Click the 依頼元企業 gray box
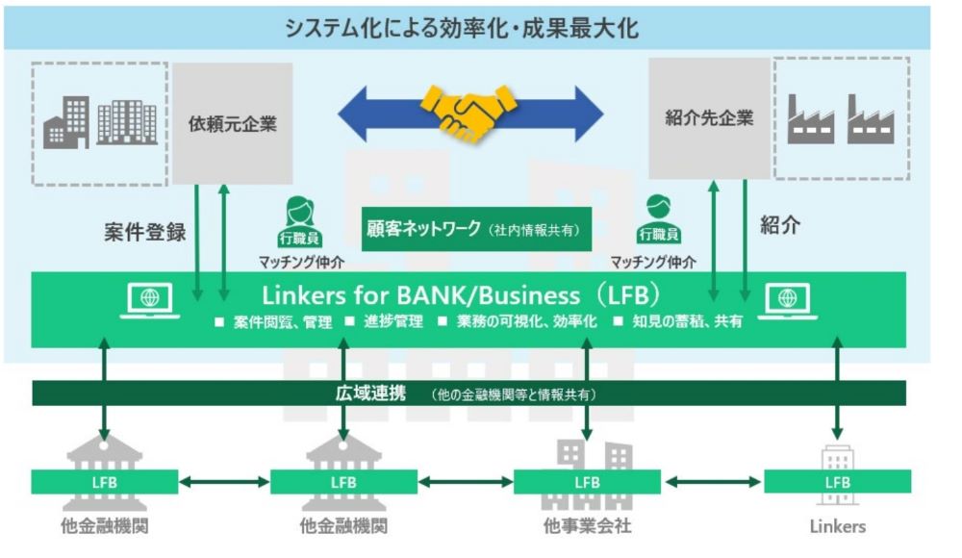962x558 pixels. coord(232,123)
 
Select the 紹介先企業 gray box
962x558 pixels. coord(709,118)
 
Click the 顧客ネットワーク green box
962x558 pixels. coord(476,230)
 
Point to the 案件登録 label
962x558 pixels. coord(144,232)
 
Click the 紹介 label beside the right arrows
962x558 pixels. coord(779,226)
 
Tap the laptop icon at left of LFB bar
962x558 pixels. coord(150,301)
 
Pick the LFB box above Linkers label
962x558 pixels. coord(837,481)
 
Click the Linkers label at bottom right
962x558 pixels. coord(837,526)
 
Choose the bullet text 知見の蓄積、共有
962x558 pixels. coord(694,321)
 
